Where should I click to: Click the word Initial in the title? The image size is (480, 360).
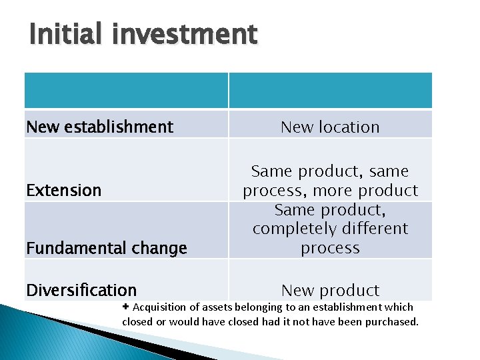coord(63,34)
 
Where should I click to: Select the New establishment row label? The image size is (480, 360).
coord(99,127)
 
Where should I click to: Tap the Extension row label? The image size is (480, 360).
coord(64,190)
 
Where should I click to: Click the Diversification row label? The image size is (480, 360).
coord(81,290)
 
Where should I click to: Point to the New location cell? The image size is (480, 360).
coord(330,127)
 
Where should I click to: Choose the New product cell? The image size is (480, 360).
coord(330,290)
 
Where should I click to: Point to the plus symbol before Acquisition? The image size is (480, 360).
coord(127,307)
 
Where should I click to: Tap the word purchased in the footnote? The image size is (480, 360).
coord(393,321)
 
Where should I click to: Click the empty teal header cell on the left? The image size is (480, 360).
coord(126,90)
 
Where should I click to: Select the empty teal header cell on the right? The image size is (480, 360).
coord(330,90)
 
